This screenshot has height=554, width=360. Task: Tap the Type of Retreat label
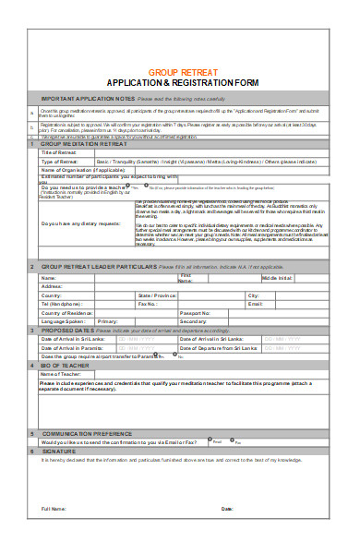tap(62, 161)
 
